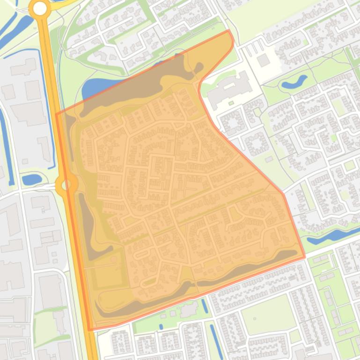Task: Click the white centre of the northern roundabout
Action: (x=40, y=8)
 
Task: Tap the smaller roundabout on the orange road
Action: (x=66, y=185)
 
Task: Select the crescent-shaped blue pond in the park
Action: (x=294, y=82)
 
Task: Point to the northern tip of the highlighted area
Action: (x=229, y=31)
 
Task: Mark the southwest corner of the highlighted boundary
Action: (x=89, y=330)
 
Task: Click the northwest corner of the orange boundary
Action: (x=57, y=114)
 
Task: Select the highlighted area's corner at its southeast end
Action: (x=305, y=257)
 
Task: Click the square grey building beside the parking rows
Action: (x=264, y=60)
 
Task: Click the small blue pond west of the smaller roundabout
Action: (x=31, y=179)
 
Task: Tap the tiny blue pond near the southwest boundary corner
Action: (x=161, y=326)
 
